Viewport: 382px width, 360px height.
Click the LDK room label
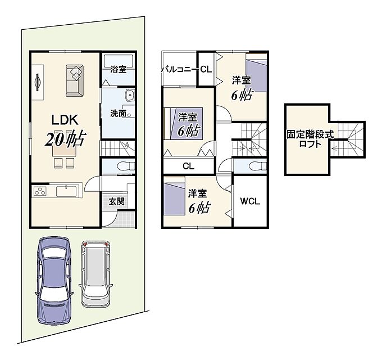[x=65, y=120]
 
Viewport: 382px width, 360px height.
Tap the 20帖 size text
[x=65, y=138]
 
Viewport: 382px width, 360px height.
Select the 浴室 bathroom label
[x=118, y=69]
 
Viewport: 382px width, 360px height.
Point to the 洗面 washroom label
[x=118, y=113]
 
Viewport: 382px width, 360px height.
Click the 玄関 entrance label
[x=116, y=201]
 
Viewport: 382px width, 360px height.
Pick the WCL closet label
[x=250, y=201]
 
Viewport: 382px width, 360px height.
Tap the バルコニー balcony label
[x=179, y=70]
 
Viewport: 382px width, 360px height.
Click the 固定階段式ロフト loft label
[x=310, y=139]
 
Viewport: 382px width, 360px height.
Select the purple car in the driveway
[x=54, y=281]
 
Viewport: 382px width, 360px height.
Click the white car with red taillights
[x=95, y=274]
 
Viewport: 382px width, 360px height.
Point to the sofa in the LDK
[x=75, y=80]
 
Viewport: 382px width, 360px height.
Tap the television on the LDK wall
[x=37, y=82]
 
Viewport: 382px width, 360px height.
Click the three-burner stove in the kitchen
[x=40, y=191]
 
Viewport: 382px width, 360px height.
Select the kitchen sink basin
[x=66, y=191]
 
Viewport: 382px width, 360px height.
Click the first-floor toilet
[x=126, y=166]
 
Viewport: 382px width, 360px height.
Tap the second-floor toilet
[x=258, y=166]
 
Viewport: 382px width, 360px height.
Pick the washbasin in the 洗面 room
[x=130, y=94]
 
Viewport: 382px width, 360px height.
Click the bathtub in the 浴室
[x=119, y=61]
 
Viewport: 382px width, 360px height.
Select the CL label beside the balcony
[x=206, y=70]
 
